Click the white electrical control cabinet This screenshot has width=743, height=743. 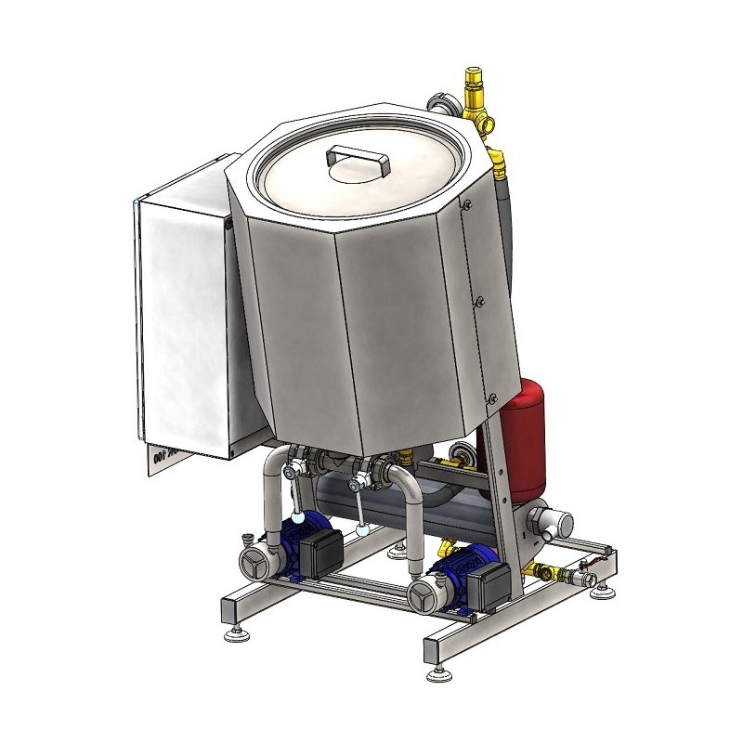click(x=181, y=325)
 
